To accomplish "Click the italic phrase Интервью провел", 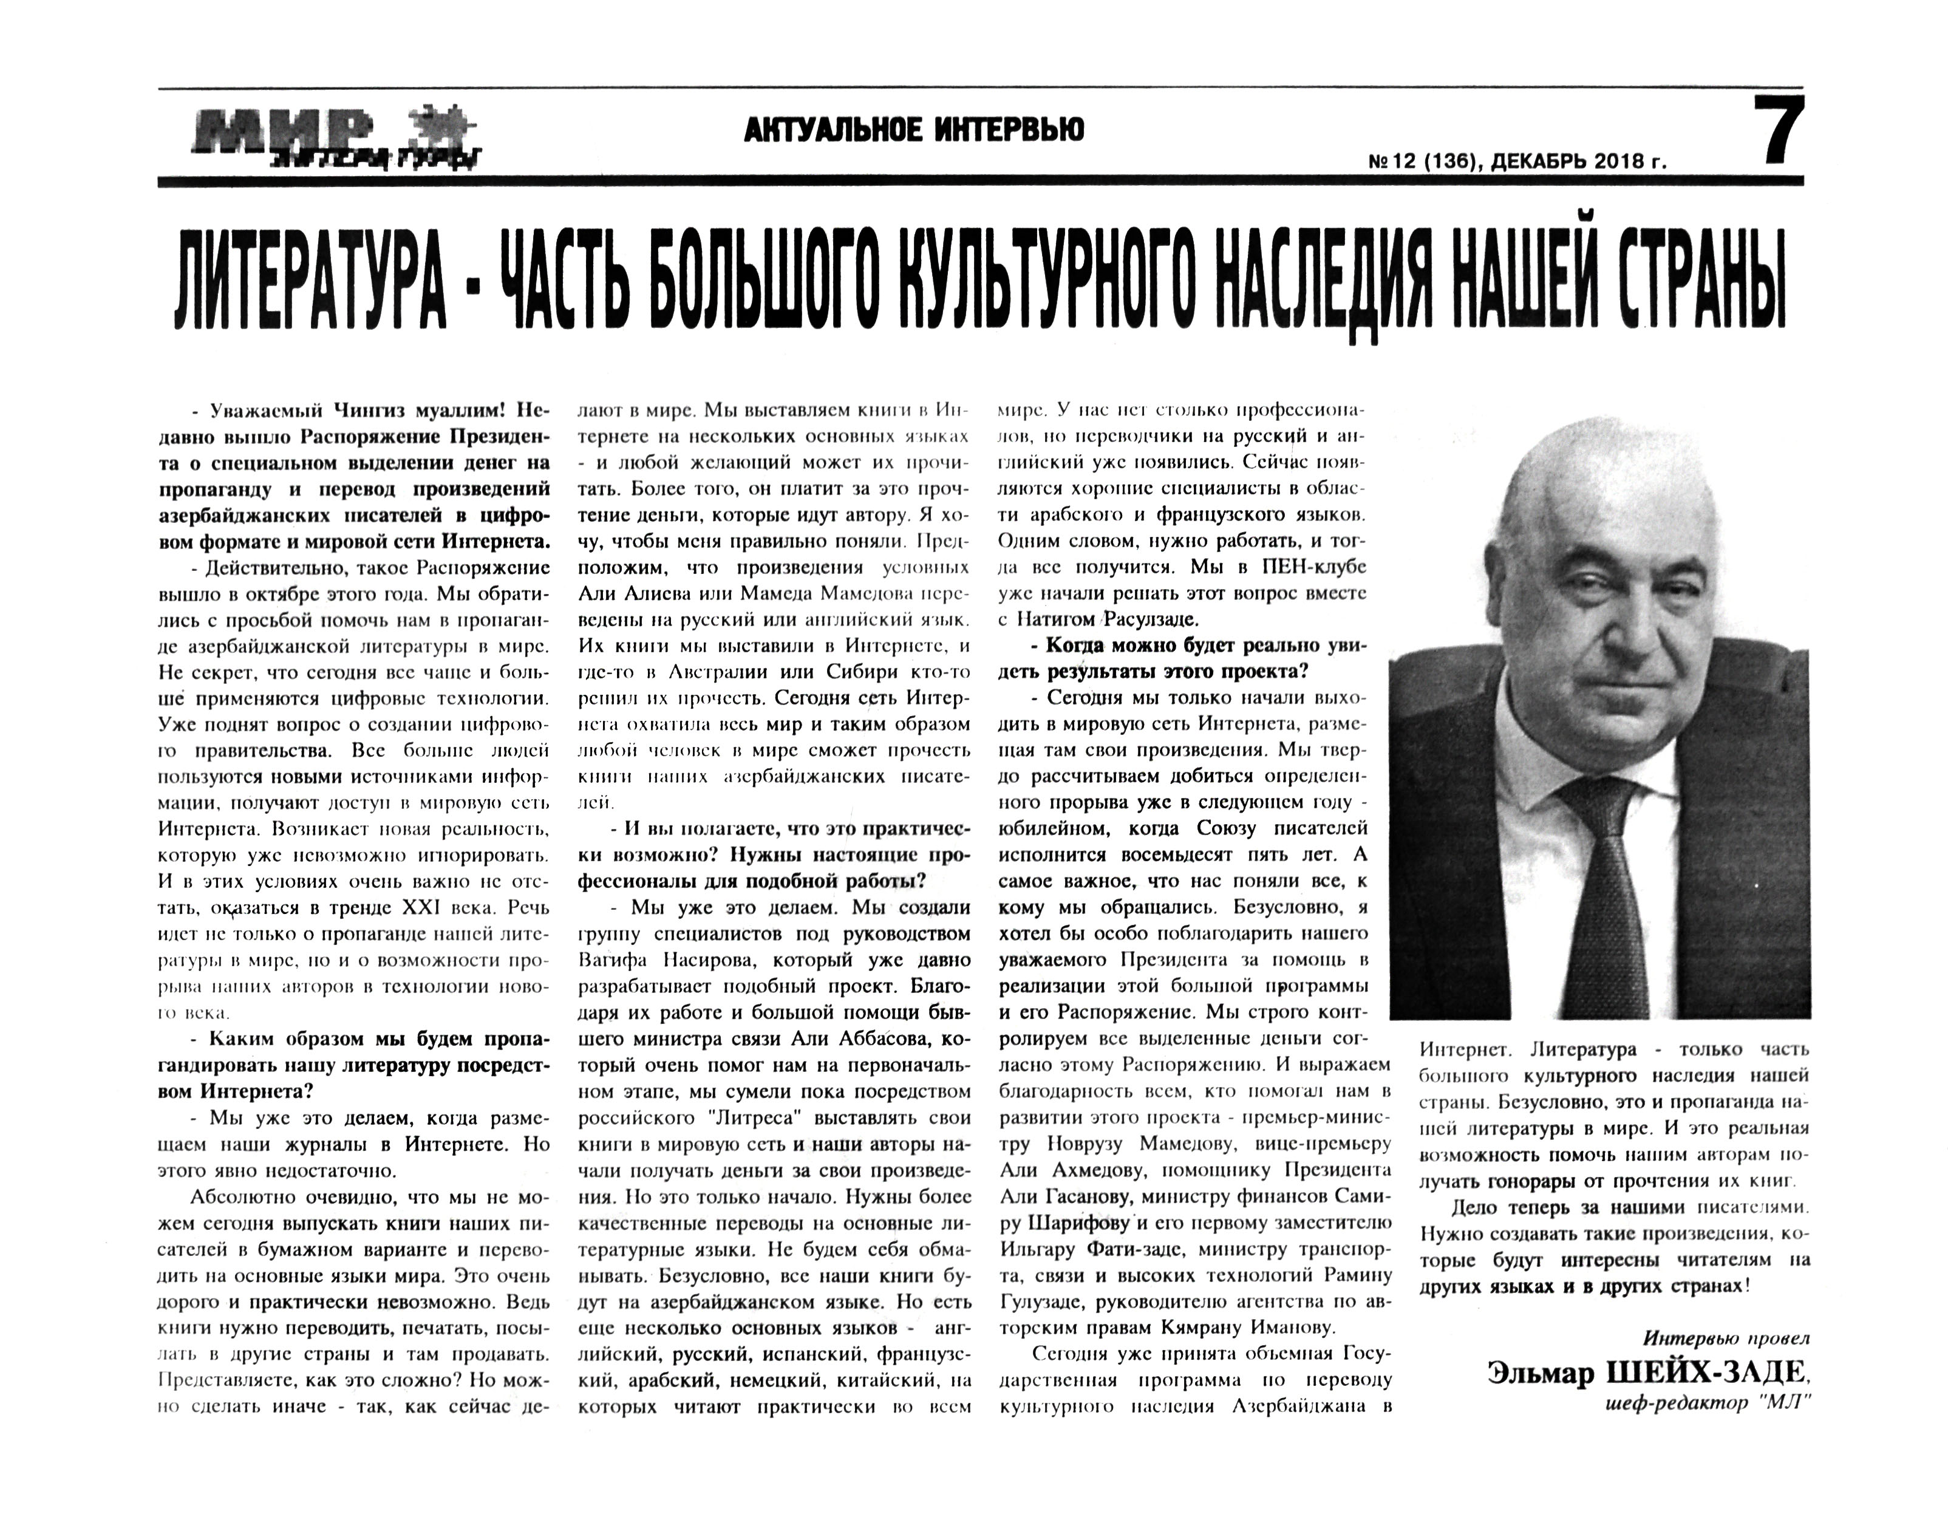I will click(x=1726, y=1363).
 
